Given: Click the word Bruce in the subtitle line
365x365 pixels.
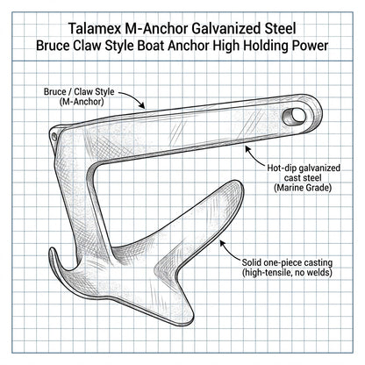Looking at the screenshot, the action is click(x=53, y=46).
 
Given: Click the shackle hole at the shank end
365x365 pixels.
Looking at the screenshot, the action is click(x=294, y=117).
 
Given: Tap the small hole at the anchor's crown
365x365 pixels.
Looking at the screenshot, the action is click(x=54, y=136).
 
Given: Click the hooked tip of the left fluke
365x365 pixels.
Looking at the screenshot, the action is click(x=53, y=249).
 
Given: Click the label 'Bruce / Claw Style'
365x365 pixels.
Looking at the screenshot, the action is click(x=79, y=92).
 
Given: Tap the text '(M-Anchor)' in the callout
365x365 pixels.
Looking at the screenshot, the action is click(x=82, y=102).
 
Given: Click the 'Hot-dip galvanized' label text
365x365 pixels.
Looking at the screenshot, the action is click(x=304, y=168).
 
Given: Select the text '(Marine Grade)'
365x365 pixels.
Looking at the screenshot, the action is click(x=303, y=188).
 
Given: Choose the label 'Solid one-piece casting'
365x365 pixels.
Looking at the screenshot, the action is click(x=287, y=262).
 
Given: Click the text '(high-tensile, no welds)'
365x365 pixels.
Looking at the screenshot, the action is click(x=287, y=273).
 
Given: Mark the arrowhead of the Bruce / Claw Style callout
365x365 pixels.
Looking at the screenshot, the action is click(x=142, y=105).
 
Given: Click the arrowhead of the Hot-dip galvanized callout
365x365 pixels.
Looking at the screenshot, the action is click(x=247, y=149).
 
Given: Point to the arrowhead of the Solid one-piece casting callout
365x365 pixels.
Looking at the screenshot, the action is click(x=223, y=243).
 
